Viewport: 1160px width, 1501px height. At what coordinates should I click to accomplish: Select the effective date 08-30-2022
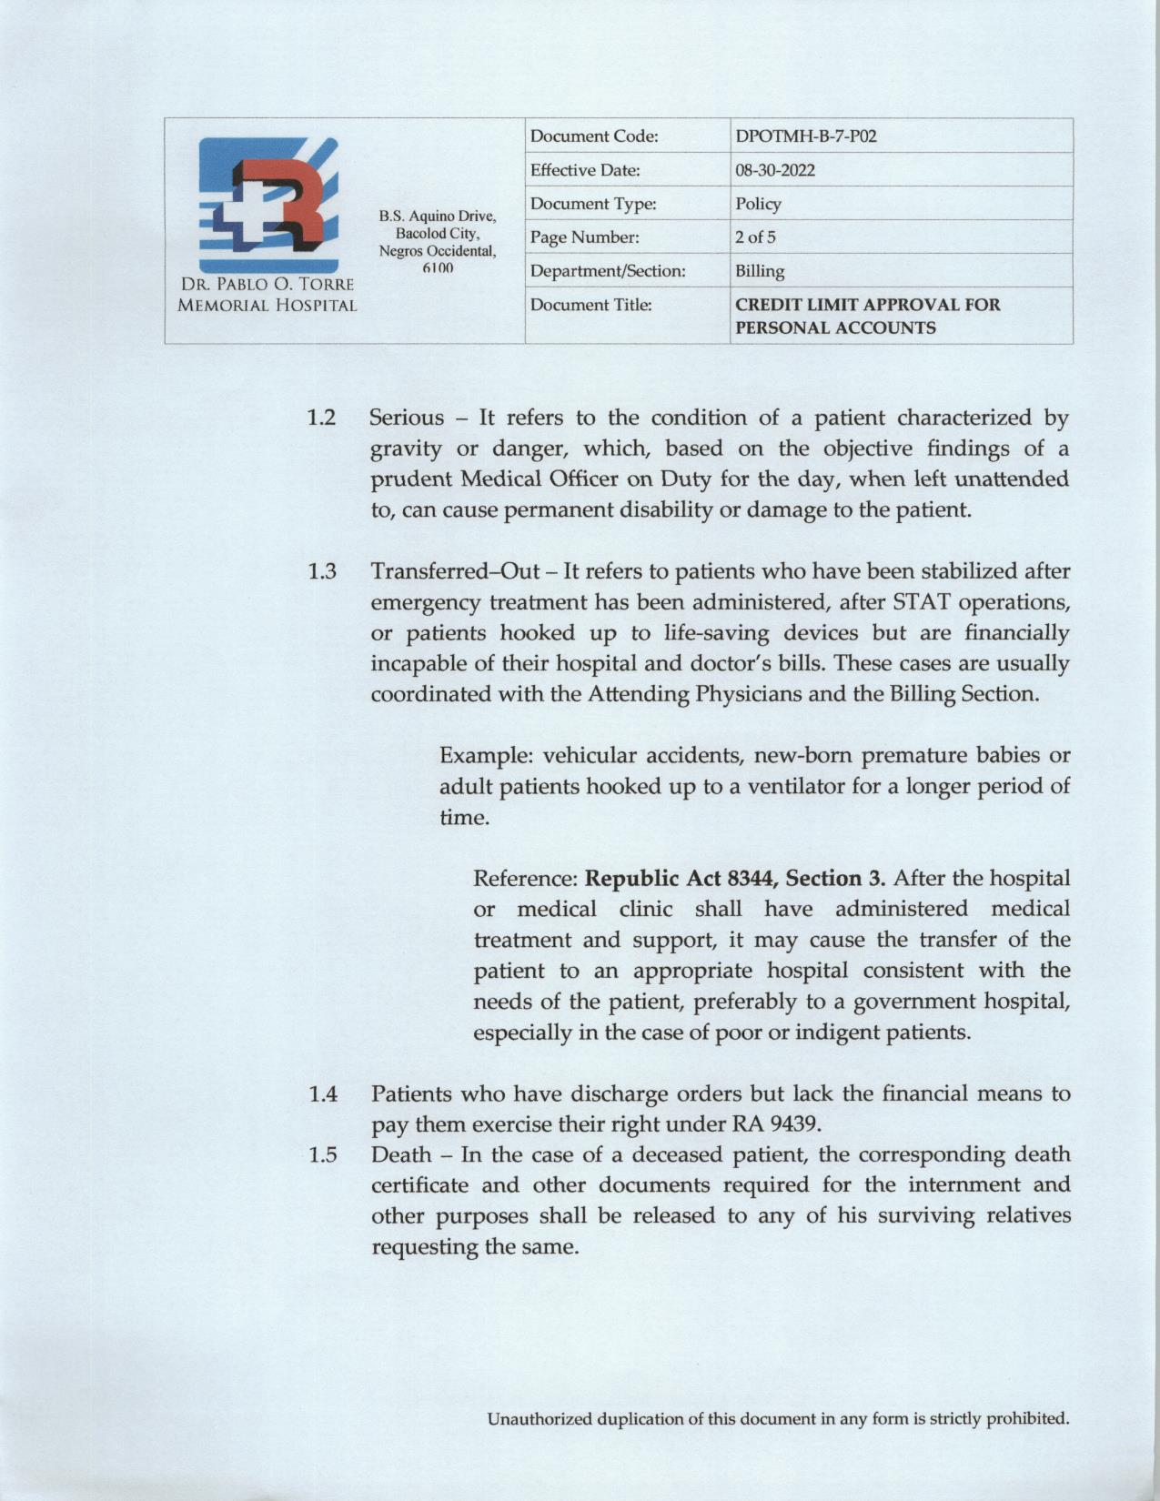click(x=775, y=170)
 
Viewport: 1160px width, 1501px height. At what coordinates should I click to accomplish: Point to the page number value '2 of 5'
click(x=755, y=237)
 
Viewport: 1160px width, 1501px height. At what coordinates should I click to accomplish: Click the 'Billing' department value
click(x=760, y=271)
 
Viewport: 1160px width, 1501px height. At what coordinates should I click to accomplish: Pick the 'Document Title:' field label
click(x=590, y=305)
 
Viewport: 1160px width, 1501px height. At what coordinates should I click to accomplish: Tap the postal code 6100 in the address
click(x=438, y=268)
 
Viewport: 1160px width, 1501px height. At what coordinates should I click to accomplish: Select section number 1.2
click(x=321, y=418)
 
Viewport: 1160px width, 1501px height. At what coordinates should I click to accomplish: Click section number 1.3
click(x=321, y=572)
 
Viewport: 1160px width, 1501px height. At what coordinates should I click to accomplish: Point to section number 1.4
click(x=322, y=1093)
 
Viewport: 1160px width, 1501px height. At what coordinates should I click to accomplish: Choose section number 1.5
click(x=322, y=1155)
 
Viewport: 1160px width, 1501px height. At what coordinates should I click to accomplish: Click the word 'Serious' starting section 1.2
click(x=407, y=418)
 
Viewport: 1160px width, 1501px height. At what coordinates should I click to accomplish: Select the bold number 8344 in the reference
click(x=752, y=879)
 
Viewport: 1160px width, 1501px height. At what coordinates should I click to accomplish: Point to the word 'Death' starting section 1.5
click(x=401, y=1155)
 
